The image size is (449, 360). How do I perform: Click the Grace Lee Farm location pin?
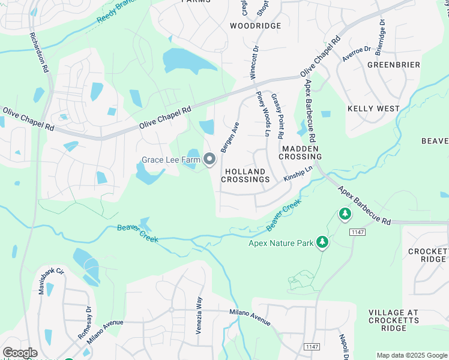tap(209, 159)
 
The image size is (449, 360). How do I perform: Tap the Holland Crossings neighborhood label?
tap(246, 175)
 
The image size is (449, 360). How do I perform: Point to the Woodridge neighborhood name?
tap(255, 26)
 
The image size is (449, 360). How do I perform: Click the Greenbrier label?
tap(393, 64)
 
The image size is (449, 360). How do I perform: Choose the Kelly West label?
tap(373, 109)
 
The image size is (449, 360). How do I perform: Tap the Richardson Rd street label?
tap(38, 52)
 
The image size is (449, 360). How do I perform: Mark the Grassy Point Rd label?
tap(277, 116)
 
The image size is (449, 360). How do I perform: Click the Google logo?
tap(20, 353)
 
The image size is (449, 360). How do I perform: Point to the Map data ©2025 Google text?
tap(411, 355)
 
